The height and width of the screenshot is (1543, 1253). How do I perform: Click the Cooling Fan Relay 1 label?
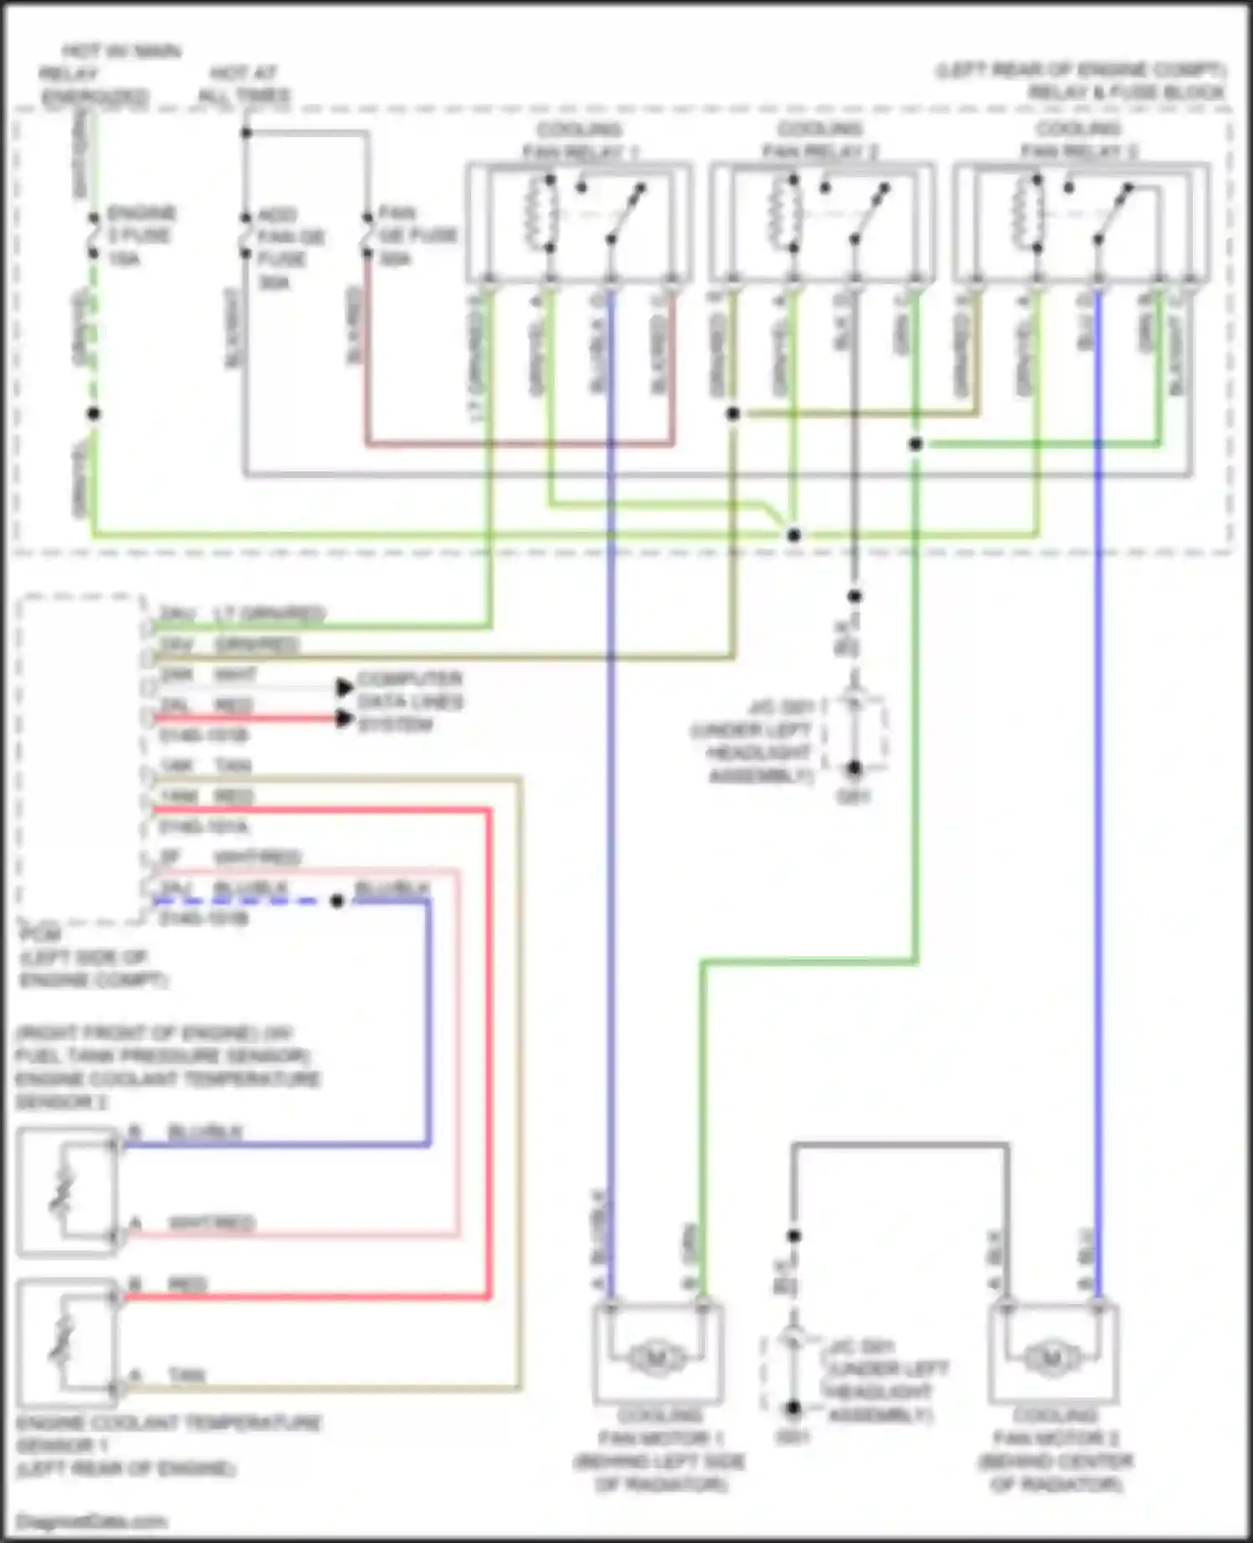pos(580,140)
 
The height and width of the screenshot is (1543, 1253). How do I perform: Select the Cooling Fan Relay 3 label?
pos(1078,140)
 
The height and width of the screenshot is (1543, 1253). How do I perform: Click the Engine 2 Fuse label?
pos(140,236)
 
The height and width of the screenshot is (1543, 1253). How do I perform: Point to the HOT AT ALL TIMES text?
pos(244,84)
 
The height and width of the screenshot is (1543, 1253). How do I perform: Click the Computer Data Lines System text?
pos(409,701)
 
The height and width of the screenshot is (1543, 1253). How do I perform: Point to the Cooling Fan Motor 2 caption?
pos(1056,1449)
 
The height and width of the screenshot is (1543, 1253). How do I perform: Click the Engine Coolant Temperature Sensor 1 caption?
pos(167,1444)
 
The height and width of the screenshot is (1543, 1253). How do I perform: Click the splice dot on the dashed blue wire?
pos(337,901)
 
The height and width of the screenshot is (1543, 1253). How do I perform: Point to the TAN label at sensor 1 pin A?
pos(186,1375)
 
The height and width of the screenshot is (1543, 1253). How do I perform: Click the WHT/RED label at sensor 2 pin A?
pos(211,1223)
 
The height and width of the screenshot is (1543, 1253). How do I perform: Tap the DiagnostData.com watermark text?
pos(92,1522)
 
